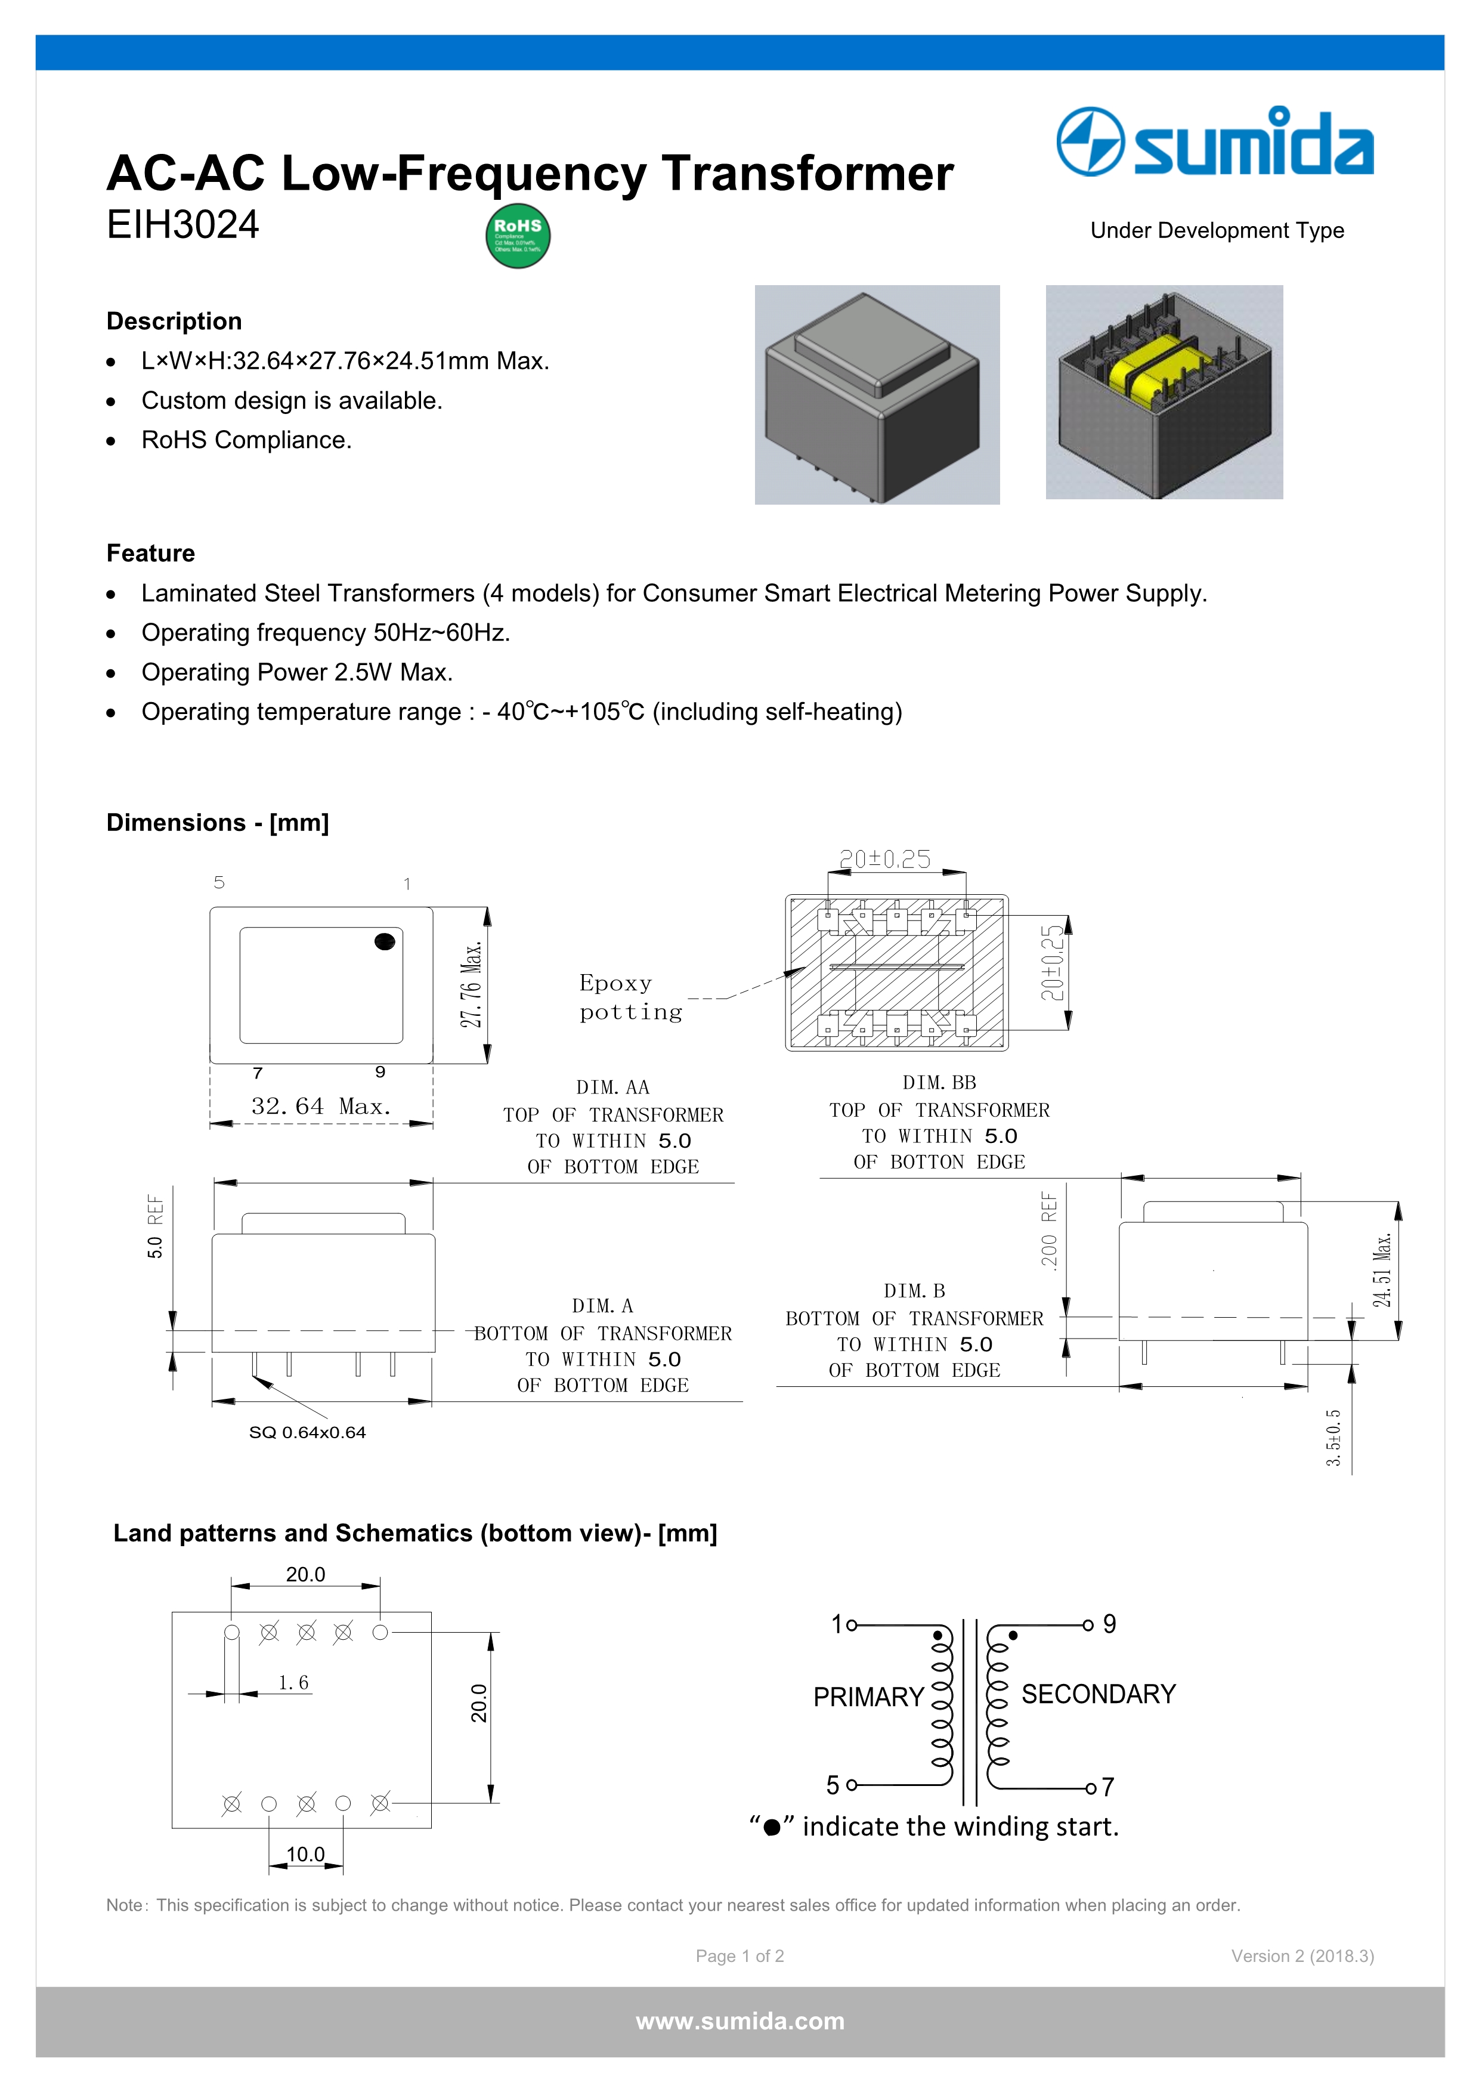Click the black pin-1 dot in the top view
(384, 941)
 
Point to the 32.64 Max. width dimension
(321, 1106)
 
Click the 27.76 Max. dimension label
(471, 985)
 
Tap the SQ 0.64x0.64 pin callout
(307, 1432)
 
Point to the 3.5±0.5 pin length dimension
(1333, 1437)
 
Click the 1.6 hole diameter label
(293, 1682)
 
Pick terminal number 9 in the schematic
(1109, 1624)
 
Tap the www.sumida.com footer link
(739, 2021)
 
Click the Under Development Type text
(1217, 230)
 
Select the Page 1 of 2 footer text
(739, 1956)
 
